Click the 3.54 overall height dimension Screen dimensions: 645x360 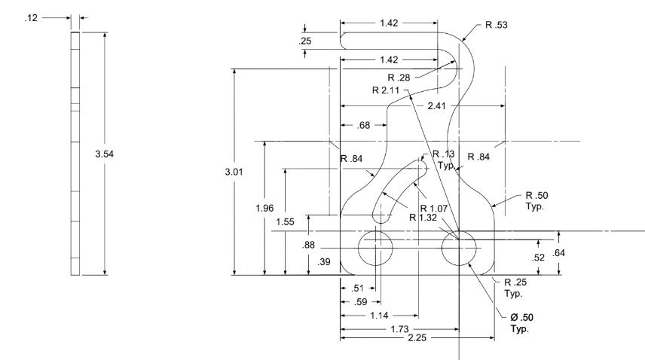pyautogui.click(x=105, y=154)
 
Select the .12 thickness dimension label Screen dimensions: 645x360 pyautogui.click(x=31, y=17)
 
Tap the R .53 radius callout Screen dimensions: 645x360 pyautogui.click(x=497, y=25)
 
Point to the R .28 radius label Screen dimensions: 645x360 pyautogui.click(x=399, y=78)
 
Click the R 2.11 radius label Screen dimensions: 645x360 pyautogui.click(x=386, y=90)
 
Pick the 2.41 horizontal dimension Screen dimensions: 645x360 pyautogui.click(x=436, y=106)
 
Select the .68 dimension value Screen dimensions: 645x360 pyautogui.click(x=364, y=125)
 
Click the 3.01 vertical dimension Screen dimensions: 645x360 pyautogui.click(x=234, y=172)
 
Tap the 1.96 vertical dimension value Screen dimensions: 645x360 pyautogui.click(x=264, y=208)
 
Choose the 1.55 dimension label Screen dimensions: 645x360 pyautogui.click(x=285, y=222)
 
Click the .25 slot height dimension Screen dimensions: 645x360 pyautogui.click(x=305, y=41)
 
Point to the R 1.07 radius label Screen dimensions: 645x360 pyautogui.click(x=434, y=209)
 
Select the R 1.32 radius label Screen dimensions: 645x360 pyautogui.click(x=423, y=218)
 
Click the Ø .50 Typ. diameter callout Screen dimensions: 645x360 pyautogui.click(x=521, y=323)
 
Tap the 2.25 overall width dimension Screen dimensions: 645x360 pyautogui.click(x=417, y=338)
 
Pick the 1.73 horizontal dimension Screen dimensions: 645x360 pyautogui.click(x=399, y=329)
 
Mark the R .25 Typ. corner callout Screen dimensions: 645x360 pyautogui.click(x=515, y=288)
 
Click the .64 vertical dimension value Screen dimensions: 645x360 pyautogui.click(x=558, y=253)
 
